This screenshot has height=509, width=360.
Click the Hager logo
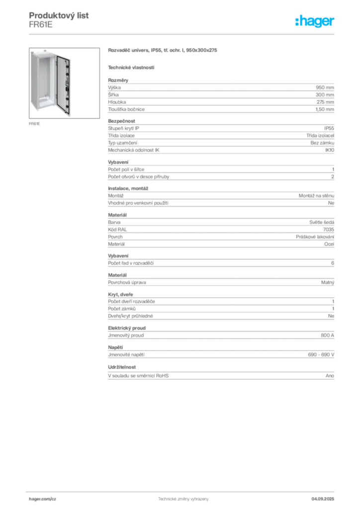314,21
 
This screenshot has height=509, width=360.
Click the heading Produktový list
59,15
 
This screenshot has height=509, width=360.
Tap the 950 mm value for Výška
325,87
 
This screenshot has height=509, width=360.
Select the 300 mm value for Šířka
325,95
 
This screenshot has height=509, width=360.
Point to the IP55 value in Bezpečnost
329,128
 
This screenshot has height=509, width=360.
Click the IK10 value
330,150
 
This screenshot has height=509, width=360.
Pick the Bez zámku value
322,143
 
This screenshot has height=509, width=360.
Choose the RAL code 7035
329,230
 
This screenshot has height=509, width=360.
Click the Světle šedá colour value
321,222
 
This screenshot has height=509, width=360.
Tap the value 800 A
327,336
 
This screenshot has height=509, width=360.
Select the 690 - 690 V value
321,355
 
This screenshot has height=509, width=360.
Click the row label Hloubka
117,102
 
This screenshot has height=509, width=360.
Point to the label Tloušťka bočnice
126,109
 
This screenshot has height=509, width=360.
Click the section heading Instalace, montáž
128,188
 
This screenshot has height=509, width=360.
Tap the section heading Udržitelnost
122,367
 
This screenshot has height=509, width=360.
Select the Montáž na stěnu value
316,196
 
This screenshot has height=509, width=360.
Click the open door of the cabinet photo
64,85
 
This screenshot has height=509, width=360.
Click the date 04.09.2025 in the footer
323,499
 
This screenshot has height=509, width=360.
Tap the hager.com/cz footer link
43,499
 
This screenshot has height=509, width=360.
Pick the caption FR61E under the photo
34,124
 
